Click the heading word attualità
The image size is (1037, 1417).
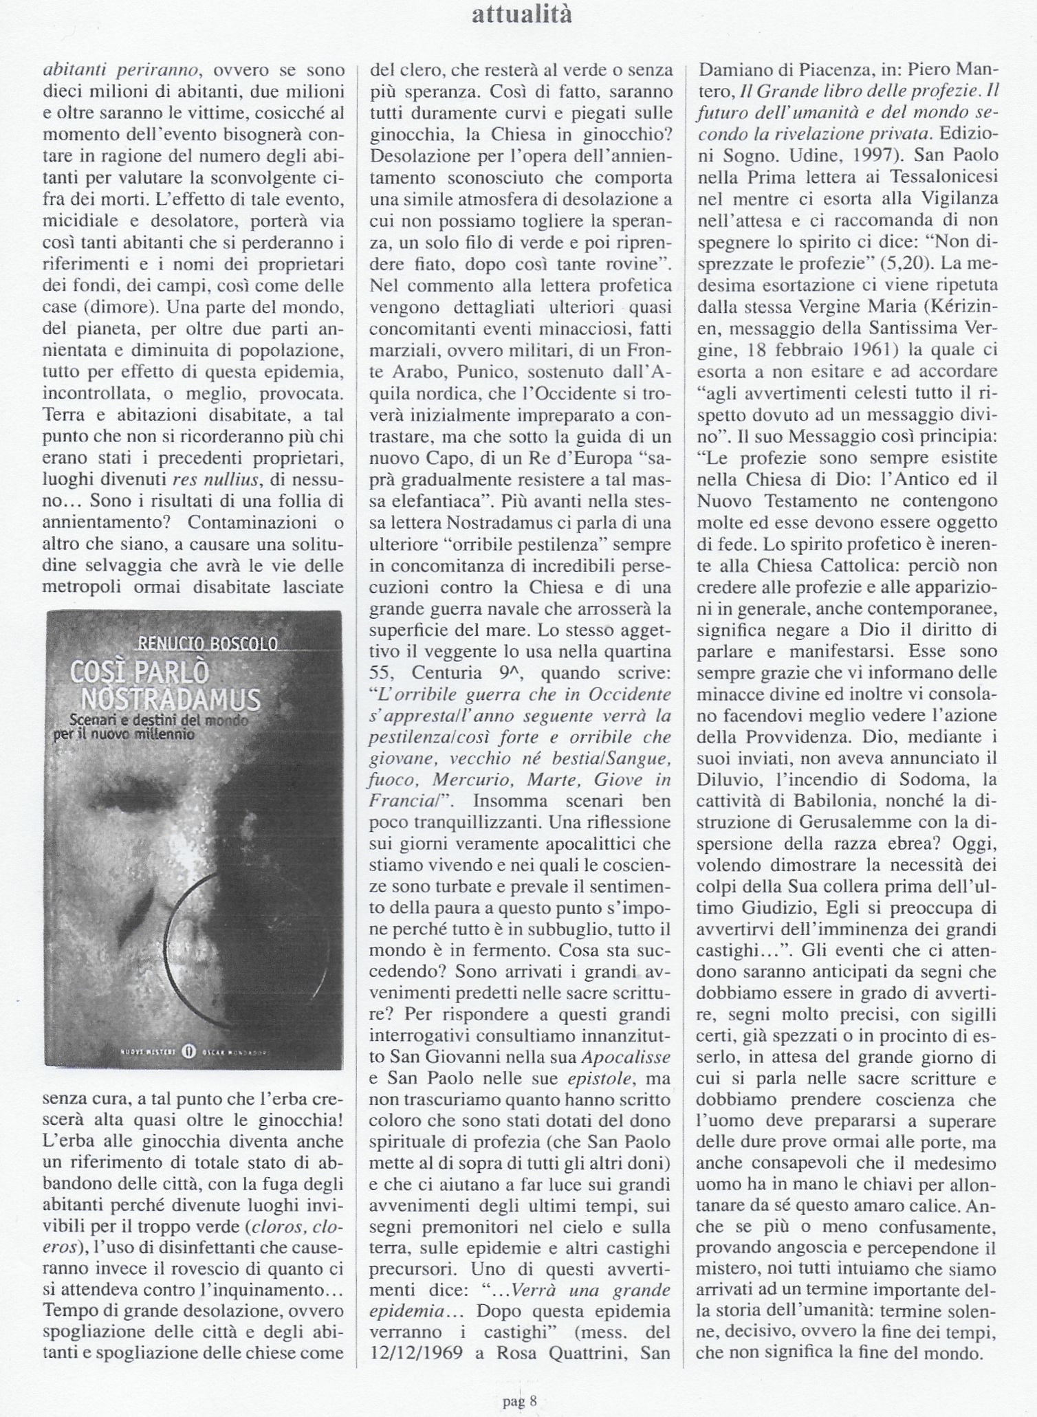[522, 15]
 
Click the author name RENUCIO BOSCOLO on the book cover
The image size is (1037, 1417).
[208, 644]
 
